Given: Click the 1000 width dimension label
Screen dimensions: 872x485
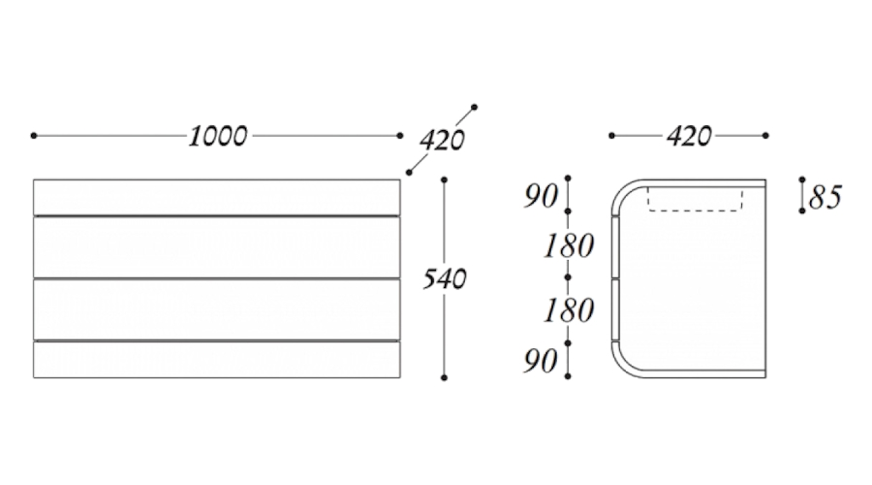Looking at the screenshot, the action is pos(218,136).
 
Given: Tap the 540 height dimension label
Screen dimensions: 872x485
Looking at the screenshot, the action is pos(445,278).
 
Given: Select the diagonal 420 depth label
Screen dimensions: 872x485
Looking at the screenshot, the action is pos(442,141).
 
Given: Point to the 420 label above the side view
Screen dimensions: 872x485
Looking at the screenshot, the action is pos(689,136).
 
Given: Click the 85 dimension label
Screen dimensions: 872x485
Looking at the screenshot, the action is pos(825,197).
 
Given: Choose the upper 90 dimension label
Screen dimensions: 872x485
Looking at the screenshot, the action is pos(541,196).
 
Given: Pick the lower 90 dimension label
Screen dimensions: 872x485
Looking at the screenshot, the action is pos(541,361).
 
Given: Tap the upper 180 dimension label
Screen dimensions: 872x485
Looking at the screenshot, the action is pos(569,245).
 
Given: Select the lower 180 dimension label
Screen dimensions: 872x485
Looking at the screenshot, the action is pos(569,309).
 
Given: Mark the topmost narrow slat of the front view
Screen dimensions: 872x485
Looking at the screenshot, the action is pos(217,197).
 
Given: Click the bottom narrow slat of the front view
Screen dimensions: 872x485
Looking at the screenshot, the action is pos(217,360).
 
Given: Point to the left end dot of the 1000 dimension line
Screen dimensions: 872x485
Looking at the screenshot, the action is pos(34,135).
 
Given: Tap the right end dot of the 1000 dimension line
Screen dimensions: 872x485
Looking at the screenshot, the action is pos(400,135).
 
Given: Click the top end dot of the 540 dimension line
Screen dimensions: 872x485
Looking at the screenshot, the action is pos(444,179).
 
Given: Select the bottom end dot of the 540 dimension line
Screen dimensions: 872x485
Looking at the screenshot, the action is pos(444,377).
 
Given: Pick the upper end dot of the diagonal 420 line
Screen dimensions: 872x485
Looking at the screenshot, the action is pos(475,107).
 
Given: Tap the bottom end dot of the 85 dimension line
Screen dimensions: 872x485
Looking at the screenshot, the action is pos(802,210).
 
